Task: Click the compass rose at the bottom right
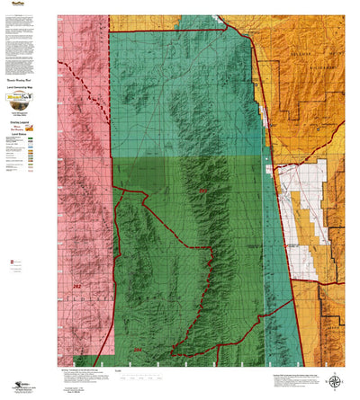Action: pos(334,381)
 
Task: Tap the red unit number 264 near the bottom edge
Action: pos(138,350)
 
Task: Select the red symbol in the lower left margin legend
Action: pos(12,261)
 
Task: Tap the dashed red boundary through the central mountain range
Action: pos(209,270)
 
